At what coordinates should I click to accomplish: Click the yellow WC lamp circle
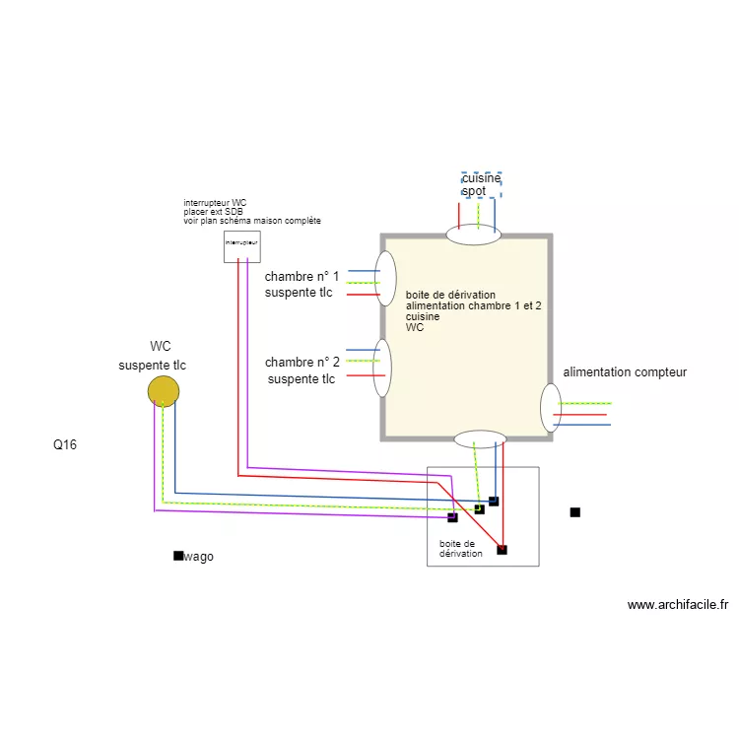coord(164,391)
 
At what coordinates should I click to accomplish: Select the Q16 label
coord(65,445)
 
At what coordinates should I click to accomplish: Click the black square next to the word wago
coord(178,556)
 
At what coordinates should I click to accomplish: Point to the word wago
coord(199,557)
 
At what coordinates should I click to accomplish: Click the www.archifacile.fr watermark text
coord(677,605)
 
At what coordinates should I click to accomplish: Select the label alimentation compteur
coord(625,372)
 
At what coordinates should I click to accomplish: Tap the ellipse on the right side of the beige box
coord(550,407)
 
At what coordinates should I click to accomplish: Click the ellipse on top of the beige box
coord(474,235)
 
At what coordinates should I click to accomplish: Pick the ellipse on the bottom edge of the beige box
coord(480,438)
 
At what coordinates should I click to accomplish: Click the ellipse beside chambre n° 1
coord(385,279)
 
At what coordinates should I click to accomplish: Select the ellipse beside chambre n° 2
coord(381,368)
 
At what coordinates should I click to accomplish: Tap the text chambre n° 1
coord(302,277)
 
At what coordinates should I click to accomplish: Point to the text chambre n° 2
coord(302,363)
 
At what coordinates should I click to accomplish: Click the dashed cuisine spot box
coord(482,184)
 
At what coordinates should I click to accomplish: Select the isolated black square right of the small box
coord(574,512)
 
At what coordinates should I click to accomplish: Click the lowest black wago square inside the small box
coord(502,550)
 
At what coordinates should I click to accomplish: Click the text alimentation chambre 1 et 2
coord(474,306)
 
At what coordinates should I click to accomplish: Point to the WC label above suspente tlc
coord(161,347)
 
